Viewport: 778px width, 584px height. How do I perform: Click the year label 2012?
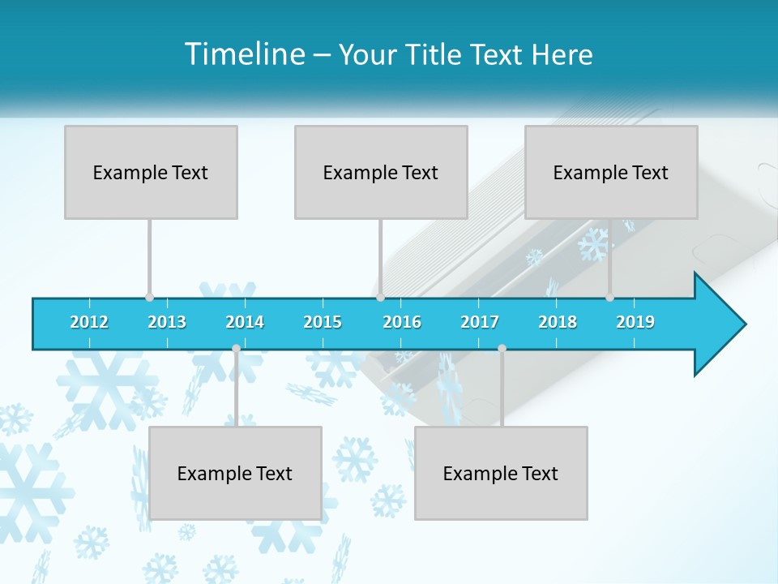click(x=89, y=322)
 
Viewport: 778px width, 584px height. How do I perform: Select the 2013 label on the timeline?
click(x=167, y=322)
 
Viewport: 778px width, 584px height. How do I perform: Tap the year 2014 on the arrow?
click(x=245, y=322)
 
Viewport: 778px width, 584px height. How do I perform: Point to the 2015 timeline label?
click(x=323, y=322)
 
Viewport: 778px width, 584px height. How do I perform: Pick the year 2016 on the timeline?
click(x=402, y=322)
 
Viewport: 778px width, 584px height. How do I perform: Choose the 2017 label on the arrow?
click(x=480, y=322)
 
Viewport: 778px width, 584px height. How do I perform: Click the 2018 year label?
click(x=558, y=322)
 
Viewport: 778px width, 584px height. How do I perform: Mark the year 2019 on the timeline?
click(x=635, y=322)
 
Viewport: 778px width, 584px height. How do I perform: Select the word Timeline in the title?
click(x=244, y=54)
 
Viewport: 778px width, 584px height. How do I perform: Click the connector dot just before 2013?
click(x=149, y=297)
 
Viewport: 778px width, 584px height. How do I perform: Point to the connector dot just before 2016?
click(x=380, y=297)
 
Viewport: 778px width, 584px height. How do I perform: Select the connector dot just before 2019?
click(x=610, y=297)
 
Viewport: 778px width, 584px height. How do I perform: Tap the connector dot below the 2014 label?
click(x=236, y=348)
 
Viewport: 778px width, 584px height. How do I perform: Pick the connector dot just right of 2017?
click(x=502, y=348)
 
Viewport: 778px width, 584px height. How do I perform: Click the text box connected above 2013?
click(x=151, y=172)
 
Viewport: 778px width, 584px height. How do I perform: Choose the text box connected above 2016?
click(x=381, y=172)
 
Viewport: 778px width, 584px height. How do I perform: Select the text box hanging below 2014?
click(x=235, y=473)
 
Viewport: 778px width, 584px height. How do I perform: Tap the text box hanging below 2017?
click(x=501, y=473)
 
